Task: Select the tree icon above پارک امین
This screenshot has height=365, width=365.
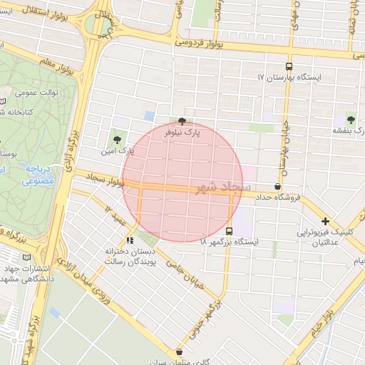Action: (x=117, y=138)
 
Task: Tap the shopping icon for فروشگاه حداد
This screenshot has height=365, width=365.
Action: (x=277, y=186)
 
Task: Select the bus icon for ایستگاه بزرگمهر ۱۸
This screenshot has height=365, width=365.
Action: (x=229, y=231)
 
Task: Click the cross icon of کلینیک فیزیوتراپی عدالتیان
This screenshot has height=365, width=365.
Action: (x=325, y=222)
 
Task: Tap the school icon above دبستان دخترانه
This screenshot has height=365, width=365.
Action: (x=130, y=240)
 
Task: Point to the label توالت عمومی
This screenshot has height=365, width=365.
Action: (x=33, y=93)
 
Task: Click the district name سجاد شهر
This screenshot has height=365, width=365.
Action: (x=223, y=187)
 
